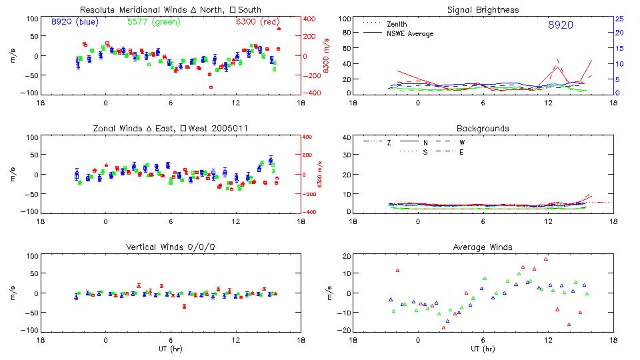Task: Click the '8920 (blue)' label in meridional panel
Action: (x=75, y=21)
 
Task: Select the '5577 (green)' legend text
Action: (x=152, y=21)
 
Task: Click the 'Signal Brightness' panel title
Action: (x=484, y=9)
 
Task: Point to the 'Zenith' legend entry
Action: (x=397, y=24)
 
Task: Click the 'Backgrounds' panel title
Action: (x=483, y=128)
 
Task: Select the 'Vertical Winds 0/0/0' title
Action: (x=171, y=247)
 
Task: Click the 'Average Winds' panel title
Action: (x=484, y=247)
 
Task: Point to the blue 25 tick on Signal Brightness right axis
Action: (x=619, y=19)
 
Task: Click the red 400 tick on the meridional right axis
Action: (x=310, y=19)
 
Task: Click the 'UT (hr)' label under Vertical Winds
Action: (x=171, y=349)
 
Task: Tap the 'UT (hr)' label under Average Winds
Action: (x=484, y=349)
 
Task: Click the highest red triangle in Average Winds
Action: (x=546, y=259)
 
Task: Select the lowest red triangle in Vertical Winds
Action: (x=184, y=306)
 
